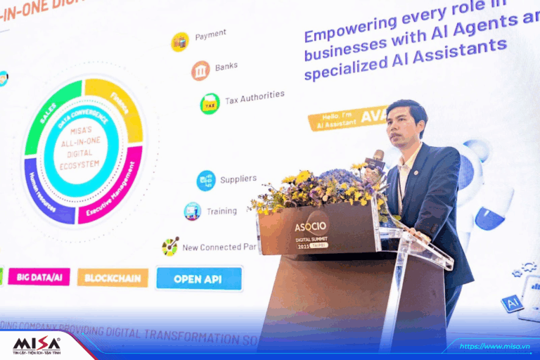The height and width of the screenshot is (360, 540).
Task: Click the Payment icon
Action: point(180,41)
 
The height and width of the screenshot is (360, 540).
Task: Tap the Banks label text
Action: point(226,67)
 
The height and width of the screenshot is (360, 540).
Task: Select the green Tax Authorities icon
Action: point(210,103)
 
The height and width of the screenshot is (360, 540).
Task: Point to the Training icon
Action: point(193,211)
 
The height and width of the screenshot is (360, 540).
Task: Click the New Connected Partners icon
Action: point(170,246)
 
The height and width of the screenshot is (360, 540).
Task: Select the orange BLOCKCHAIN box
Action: point(112,277)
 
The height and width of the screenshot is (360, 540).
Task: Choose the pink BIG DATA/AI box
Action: point(39,276)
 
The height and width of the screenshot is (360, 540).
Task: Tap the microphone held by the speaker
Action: point(378,157)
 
